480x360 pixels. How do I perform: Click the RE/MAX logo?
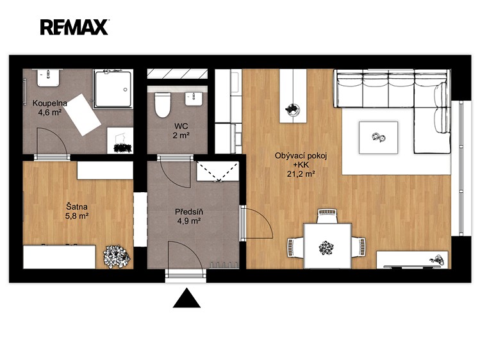[x=74, y=27]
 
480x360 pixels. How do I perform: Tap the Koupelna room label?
[x=50, y=102]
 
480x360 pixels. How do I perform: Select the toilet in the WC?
[x=162, y=105]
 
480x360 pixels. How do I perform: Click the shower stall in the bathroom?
[x=113, y=88]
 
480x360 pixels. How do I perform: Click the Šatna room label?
[x=77, y=206]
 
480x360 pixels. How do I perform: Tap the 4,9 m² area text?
[x=189, y=221]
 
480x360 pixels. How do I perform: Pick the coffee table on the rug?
[x=378, y=137]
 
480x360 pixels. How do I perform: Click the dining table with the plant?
[x=327, y=246]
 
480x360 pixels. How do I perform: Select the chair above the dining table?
[x=327, y=216]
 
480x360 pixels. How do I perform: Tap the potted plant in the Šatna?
[x=117, y=257]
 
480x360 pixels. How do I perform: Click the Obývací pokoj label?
[x=301, y=156]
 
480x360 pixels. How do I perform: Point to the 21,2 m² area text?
[x=301, y=174]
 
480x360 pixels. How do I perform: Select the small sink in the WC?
[x=194, y=99]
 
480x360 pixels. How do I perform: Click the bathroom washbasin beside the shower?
[x=48, y=78]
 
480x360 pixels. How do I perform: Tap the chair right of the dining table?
[x=358, y=247]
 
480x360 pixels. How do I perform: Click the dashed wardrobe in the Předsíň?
[x=218, y=171]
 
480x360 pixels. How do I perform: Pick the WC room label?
[x=181, y=126]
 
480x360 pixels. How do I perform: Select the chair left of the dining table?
[x=295, y=247]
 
